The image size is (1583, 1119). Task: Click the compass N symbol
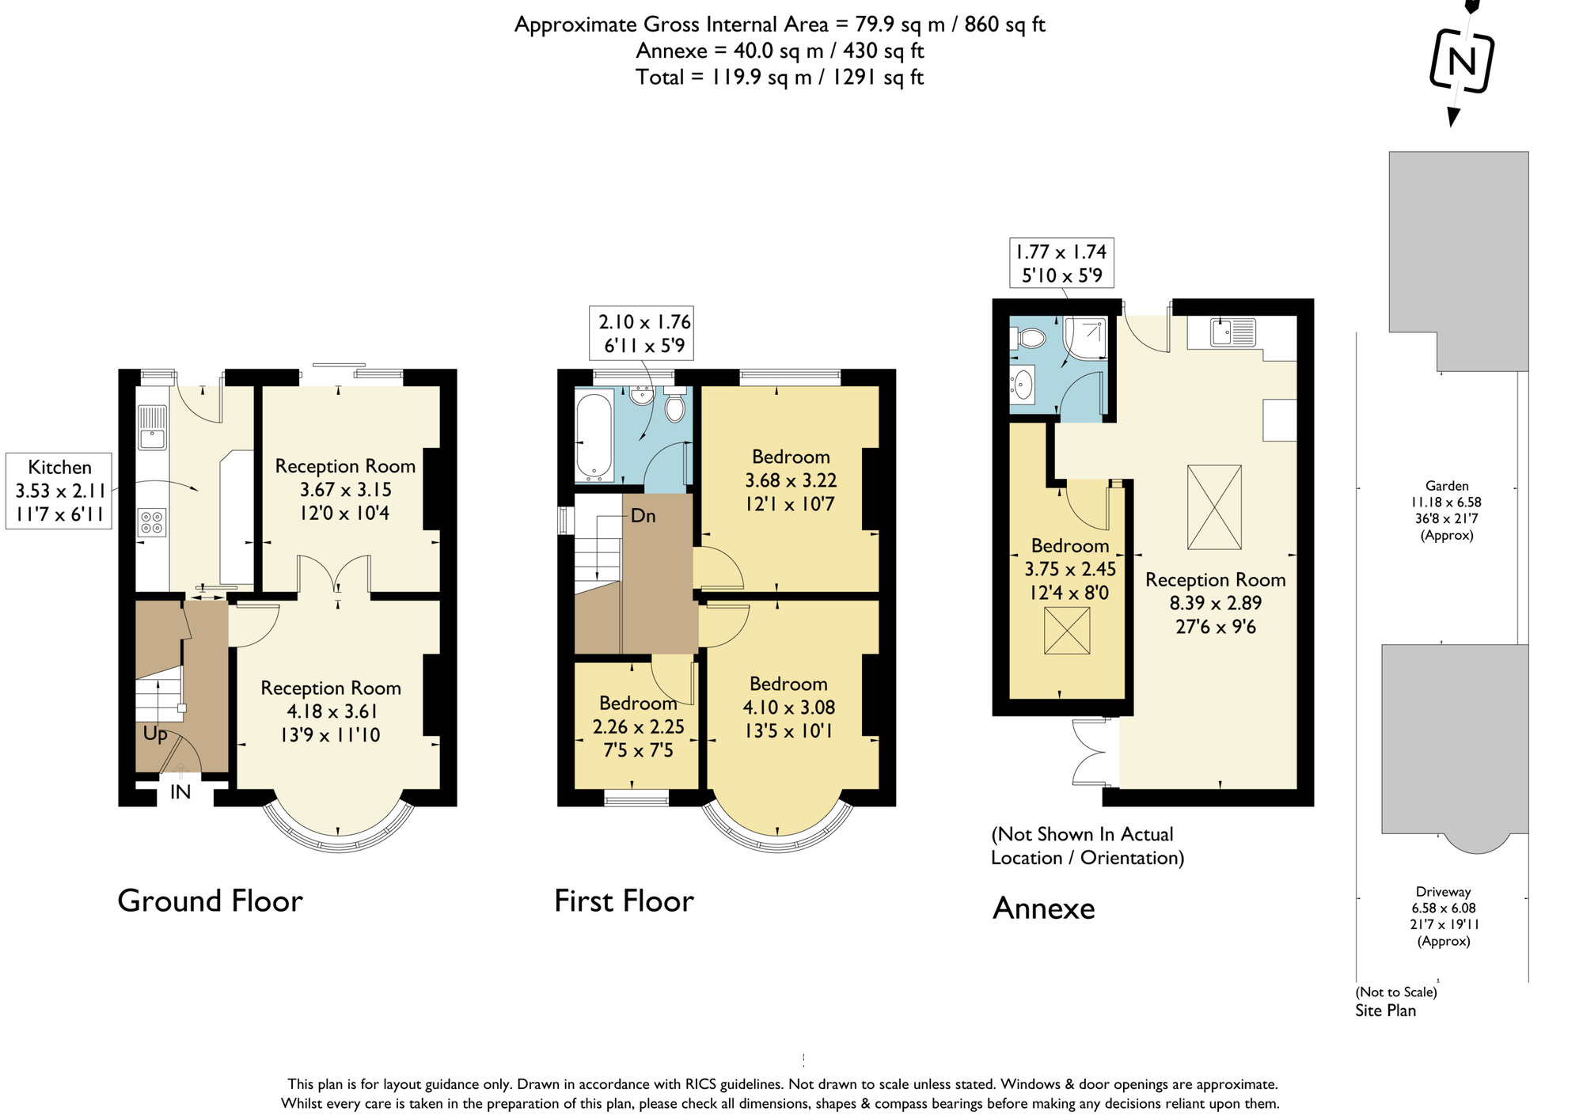1462,61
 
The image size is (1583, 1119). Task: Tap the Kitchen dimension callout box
59,491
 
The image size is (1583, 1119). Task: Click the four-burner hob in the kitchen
152,522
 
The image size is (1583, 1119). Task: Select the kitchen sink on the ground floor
152,427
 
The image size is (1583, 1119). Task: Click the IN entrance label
180,792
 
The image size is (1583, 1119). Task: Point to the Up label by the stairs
155,734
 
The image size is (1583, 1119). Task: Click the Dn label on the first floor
643,516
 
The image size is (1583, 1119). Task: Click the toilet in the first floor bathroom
674,407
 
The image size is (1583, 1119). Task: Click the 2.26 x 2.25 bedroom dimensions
638,726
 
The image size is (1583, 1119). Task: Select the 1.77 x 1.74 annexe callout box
1061,264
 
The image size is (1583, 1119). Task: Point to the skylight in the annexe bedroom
1066,631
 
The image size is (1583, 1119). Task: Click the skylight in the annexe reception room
1214,507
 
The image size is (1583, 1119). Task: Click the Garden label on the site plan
1447,486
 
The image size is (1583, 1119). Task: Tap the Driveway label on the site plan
1444,892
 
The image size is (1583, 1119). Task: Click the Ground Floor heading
210,901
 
